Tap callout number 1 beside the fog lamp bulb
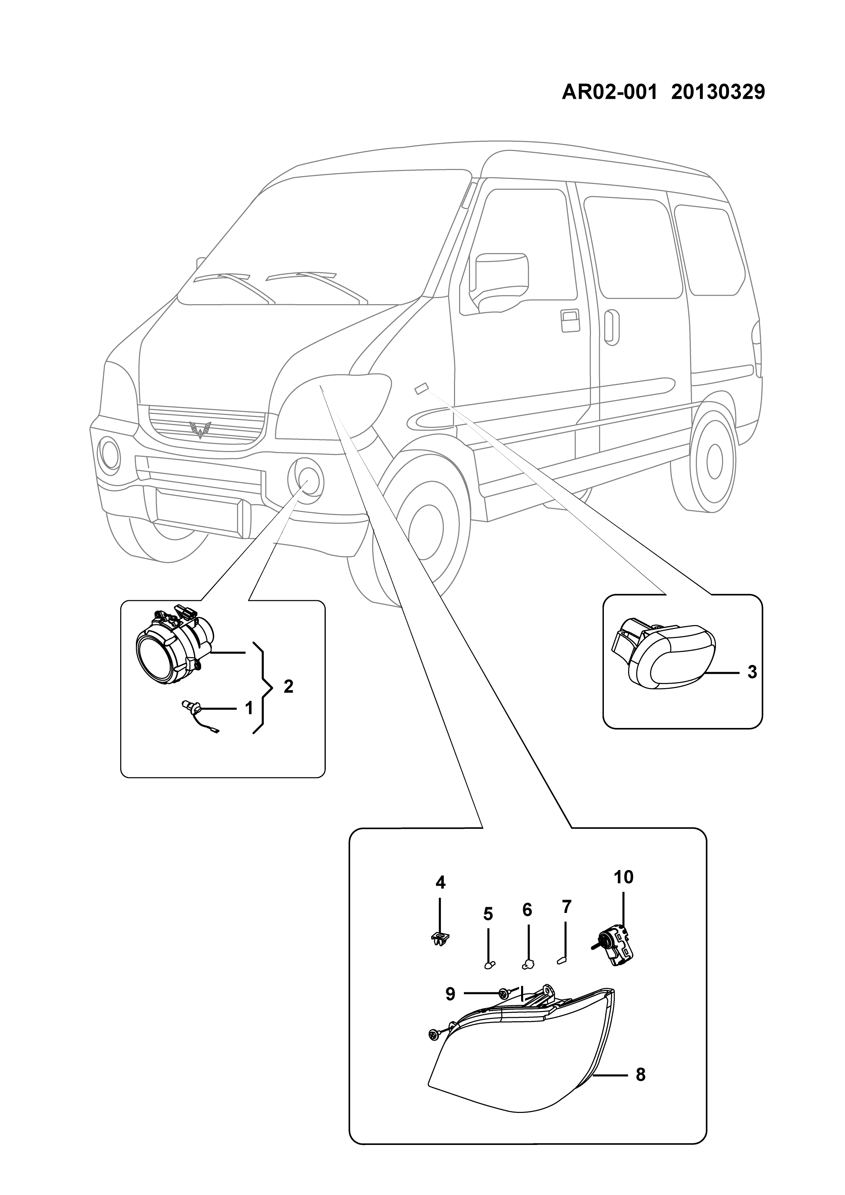[248, 708]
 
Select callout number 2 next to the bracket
[288, 686]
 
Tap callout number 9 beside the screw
[450, 994]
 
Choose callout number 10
[623, 877]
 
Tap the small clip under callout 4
[440, 939]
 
